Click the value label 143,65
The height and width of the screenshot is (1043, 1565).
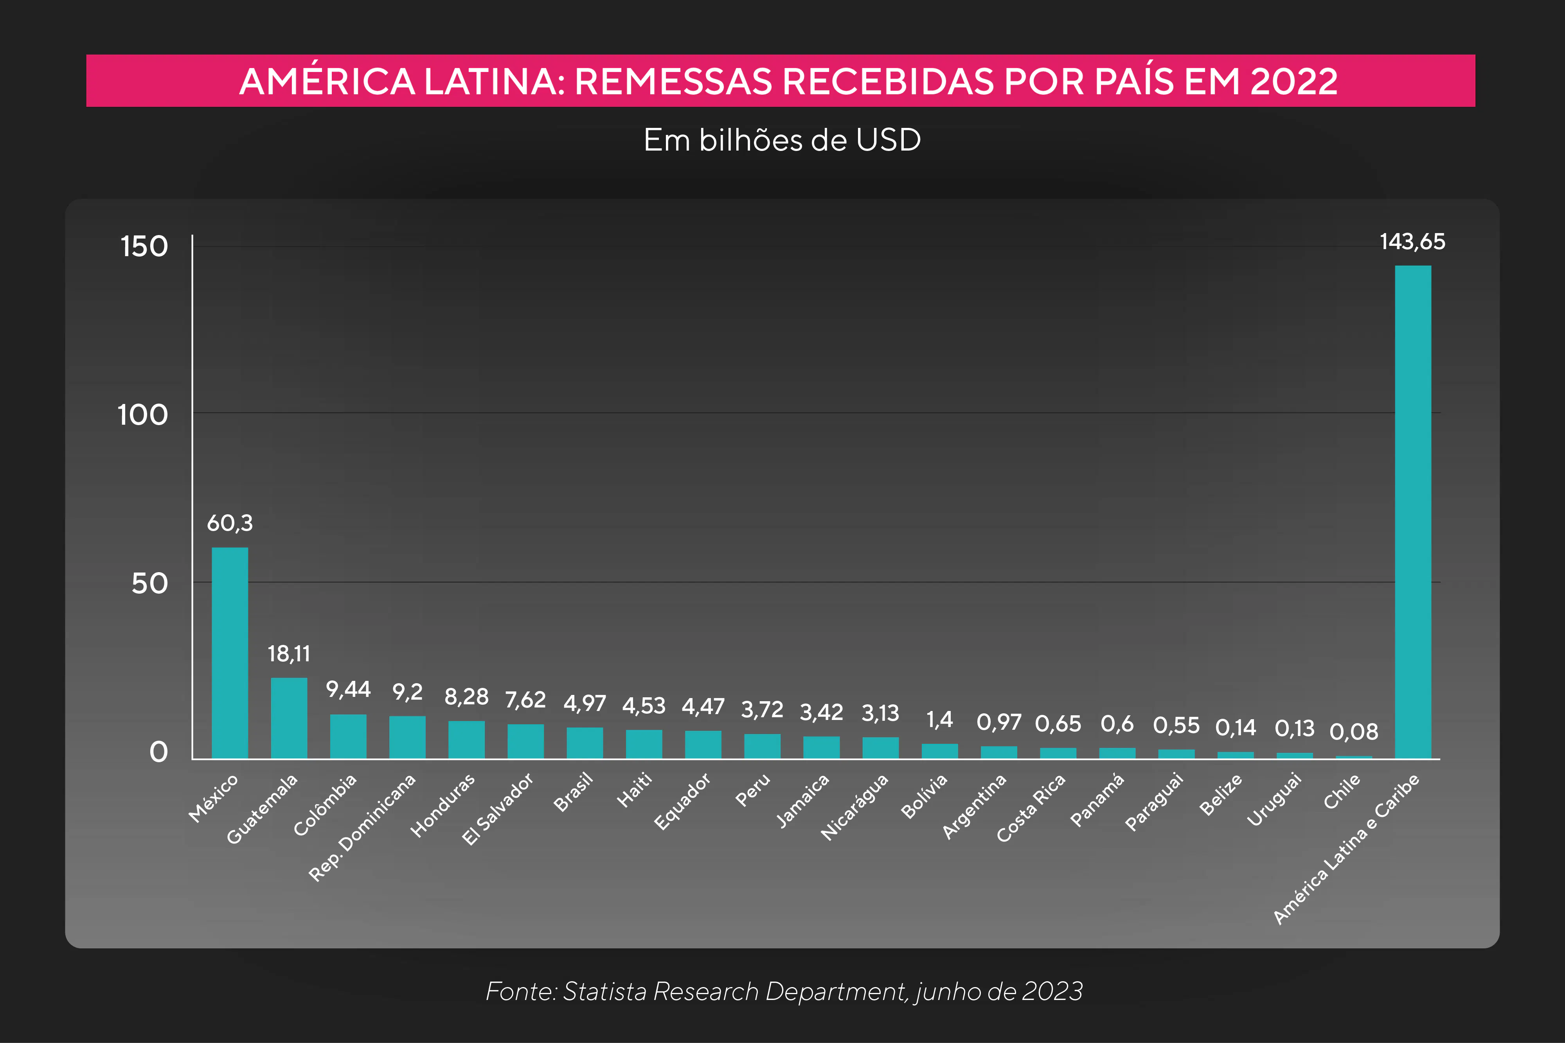pyautogui.click(x=1412, y=241)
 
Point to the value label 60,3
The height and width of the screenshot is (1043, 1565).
pyautogui.click(x=230, y=524)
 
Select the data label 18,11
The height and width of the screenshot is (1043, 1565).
pyautogui.click(x=289, y=654)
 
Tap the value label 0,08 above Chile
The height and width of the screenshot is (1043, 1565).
pyautogui.click(x=1353, y=732)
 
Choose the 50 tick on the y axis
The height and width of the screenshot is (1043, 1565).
pyautogui.click(x=149, y=584)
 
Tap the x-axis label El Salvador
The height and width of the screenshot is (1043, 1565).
pyautogui.click(x=498, y=809)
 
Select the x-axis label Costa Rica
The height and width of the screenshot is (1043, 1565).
pyautogui.click(x=1031, y=808)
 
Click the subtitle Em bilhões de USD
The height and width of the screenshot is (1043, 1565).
pyautogui.click(x=782, y=140)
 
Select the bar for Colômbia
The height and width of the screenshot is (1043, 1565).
pyautogui.click(x=348, y=736)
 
